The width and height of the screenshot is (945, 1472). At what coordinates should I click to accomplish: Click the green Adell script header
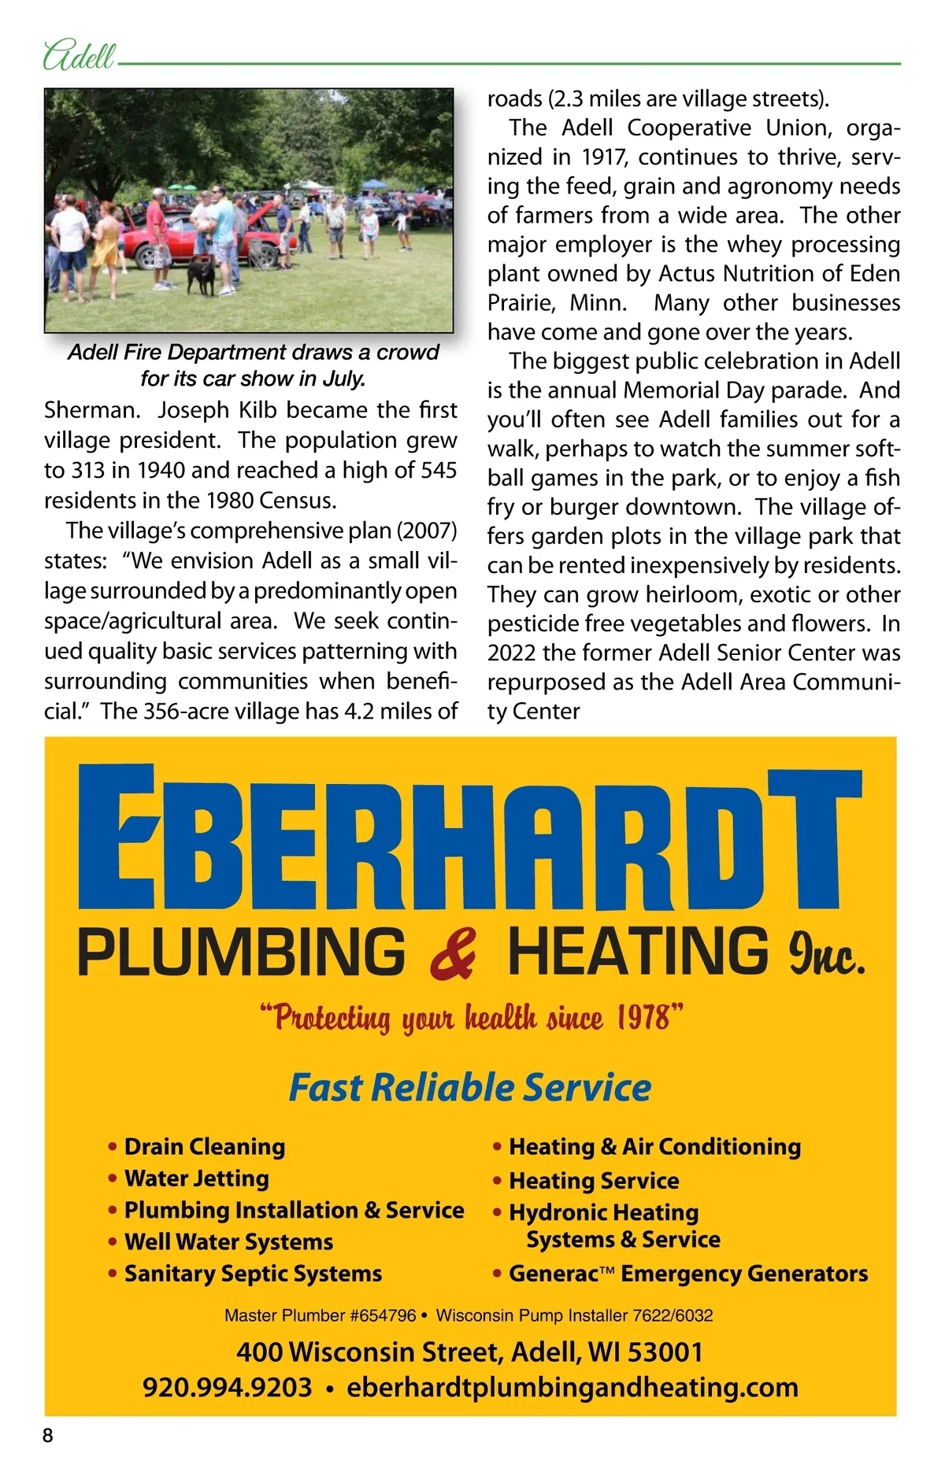(79, 57)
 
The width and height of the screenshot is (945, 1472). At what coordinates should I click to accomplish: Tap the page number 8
(48, 1435)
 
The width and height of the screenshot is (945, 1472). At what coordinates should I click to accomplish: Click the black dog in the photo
(202, 275)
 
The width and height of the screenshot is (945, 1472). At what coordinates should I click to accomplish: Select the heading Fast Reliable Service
(470, 1087)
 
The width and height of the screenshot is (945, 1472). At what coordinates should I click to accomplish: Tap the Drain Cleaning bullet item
(204, 1147)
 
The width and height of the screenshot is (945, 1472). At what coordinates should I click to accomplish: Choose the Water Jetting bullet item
(196, 1178)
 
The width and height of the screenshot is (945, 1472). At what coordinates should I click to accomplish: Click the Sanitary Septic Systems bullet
(253, 1274)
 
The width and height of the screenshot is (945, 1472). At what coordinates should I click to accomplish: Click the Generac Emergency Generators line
(687, 1274)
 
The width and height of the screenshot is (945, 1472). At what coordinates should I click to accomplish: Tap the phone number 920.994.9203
(228, 1387)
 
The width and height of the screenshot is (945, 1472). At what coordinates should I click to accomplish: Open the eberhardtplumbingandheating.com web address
(573, 1387)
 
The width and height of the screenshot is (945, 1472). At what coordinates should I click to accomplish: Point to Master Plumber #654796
(320, 1315)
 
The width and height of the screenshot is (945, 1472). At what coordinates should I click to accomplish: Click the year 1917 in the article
(604, 157)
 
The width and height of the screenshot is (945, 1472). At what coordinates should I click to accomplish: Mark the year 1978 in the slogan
(643, 1018)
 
